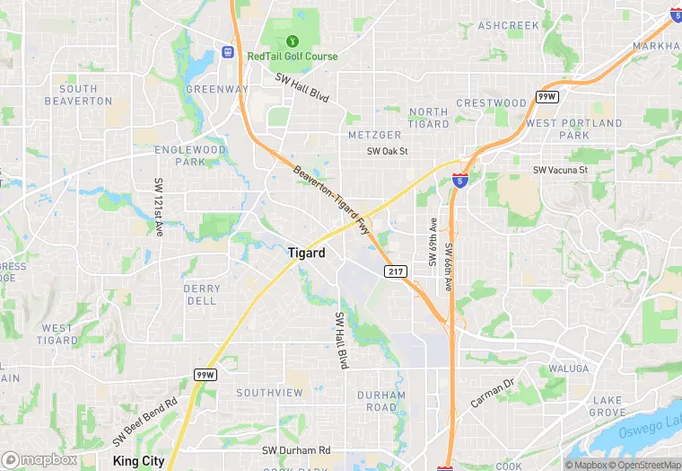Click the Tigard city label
pyautogui.click(x=306, y=253)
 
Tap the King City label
pyautogui.click(x=141, y=460)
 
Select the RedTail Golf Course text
pyautogui.click(x=293, y=56)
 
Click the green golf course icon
pyautogui.click(x=292, y=40)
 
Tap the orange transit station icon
pyautogui.click(x=228, y=52)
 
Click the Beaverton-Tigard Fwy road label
pyautogui.click(x=333, y=186)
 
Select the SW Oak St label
pyautogui.click(x=387, y=151)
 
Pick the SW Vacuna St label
pyautogui.click(x=560, y=169)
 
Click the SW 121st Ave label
pyautogui.click(x=159, y=208)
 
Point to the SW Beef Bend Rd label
pyautogui.click(x=145, y=422)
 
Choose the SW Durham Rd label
pyautogui.click(x=296, y=449)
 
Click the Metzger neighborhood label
pyautogui.click(x=374, y=135)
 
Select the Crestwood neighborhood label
pyautogui.click(x=491, y=102)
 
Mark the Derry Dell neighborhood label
pyautogui.click(x=201, y=295)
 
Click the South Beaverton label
pyautogui.click(x=79, y=94)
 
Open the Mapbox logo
pyautogui.click(x=39, y=459)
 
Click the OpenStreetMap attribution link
pyautogui.click(x=643, y=465)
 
